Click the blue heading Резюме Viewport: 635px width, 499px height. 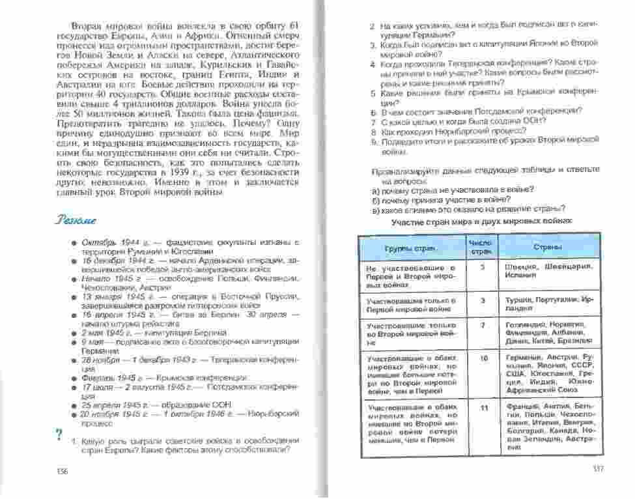pos(77,220)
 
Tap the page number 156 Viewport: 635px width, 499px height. pos(62,470)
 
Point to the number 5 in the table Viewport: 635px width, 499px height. pos(482,268)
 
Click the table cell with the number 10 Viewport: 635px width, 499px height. pos(483,358)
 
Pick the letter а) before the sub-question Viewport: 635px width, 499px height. pos(376,190)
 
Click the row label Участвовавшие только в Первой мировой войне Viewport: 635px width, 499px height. pos(410,305)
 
